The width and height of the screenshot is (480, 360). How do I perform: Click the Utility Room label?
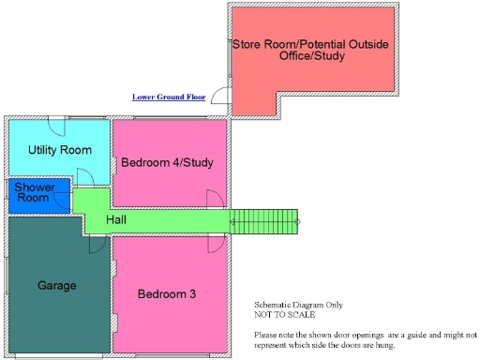59,150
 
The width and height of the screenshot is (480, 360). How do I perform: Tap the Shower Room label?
33,193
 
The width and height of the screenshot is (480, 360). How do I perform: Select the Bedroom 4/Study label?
167,163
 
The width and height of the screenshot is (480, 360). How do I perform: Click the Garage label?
56,285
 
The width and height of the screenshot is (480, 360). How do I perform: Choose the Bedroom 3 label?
167,294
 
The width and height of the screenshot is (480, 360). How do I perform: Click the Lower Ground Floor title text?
169,97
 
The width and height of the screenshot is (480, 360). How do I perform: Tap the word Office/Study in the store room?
312,57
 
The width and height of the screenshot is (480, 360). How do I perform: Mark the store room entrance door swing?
220,95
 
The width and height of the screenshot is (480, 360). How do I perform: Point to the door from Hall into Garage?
96,244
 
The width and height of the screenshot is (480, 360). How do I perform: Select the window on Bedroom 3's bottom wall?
169,356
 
